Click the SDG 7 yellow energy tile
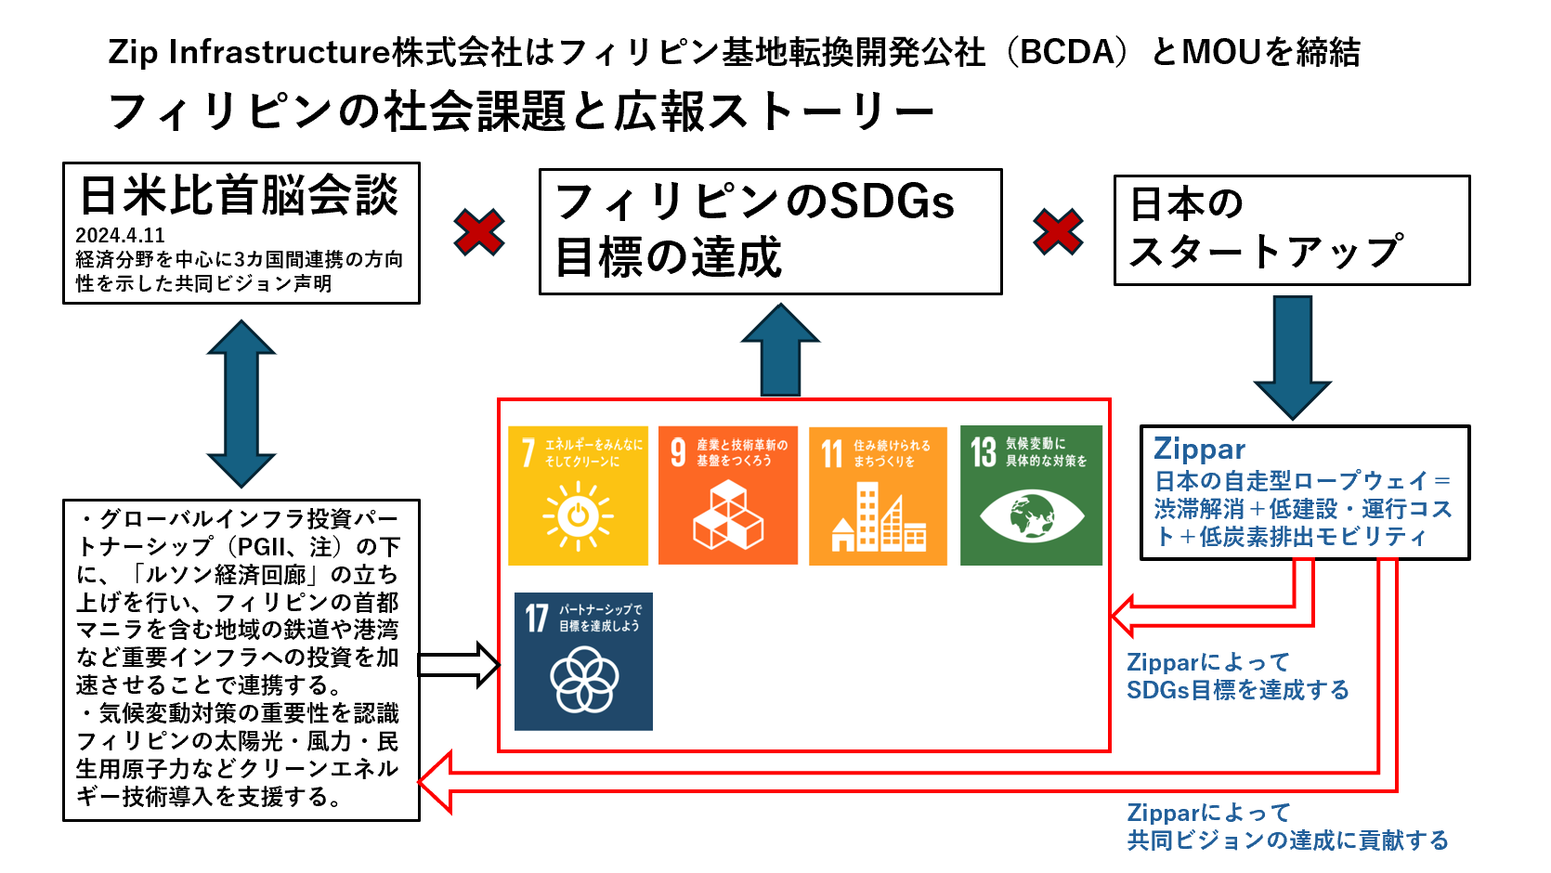point(578,495)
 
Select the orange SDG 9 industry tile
point(728,495)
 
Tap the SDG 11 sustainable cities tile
point(878,496)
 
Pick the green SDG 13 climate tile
point(1031,495)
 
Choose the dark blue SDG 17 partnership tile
point(583,661)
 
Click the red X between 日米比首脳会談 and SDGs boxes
point(479,232)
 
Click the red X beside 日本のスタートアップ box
point(1058,231)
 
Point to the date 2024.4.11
point(120,236)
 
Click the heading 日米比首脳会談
point(240,196)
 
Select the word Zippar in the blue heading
point(1199,450)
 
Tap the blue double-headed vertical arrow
point(241,403)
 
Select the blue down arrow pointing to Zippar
point(1292,357)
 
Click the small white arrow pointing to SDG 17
point(459,664)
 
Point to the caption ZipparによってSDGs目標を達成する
point(1237,676)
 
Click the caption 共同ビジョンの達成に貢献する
point(1287,840)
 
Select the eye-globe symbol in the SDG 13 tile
point(1031,515)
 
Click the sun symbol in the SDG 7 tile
point(578,515)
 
